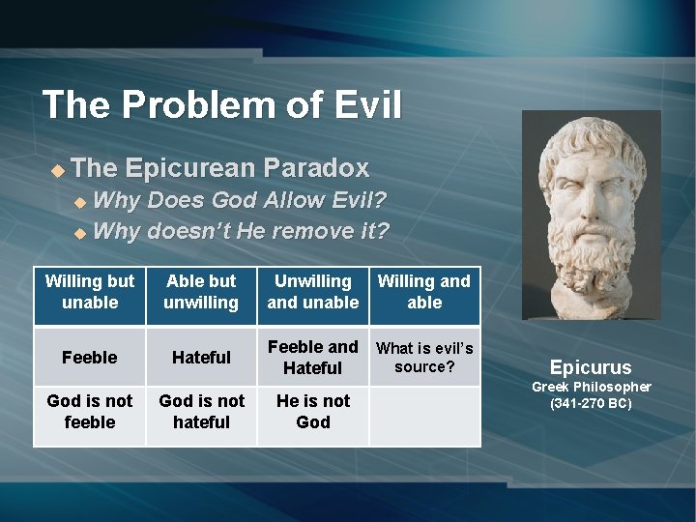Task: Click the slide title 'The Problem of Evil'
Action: [221, 104]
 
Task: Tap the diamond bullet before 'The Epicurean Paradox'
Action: [58, 170]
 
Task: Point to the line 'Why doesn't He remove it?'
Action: [242, 232]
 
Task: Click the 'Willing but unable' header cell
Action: [90, 292]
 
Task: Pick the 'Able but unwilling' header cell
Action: [201, 292]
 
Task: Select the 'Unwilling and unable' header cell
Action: [312, 292]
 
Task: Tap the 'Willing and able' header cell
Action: [424, 292]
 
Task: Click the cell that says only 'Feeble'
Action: [90, 358]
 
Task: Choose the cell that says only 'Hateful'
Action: [201, 358]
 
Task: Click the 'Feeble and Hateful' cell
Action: [312, 358]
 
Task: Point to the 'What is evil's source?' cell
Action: [424, 358]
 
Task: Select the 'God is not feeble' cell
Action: [90, 412]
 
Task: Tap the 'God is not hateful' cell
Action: [201, 412]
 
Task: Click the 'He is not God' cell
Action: [312, 412]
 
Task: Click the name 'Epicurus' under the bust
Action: [590, 367]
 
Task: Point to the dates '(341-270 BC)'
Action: [590, 403]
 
